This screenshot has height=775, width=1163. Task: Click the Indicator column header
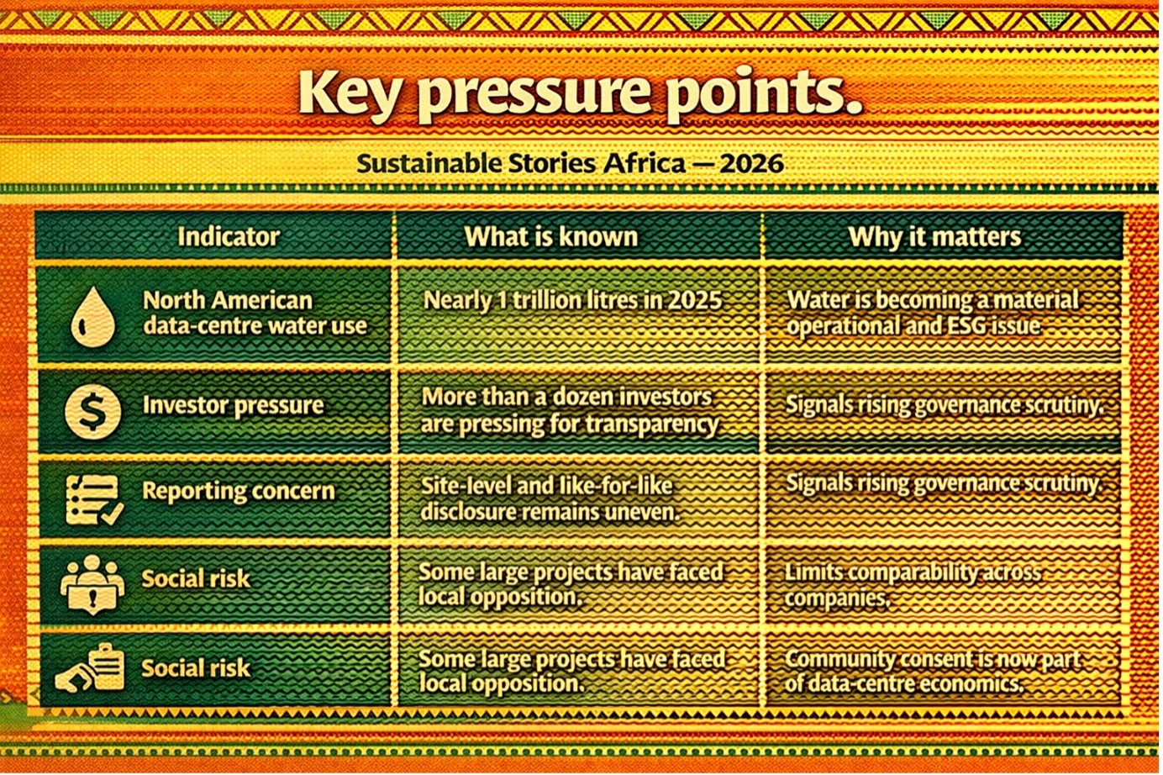coord(229,237)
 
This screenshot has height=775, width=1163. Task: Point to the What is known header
coord(551,237)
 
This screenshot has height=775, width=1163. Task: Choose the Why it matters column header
coord(934,237)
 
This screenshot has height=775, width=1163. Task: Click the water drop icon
coord(93,316)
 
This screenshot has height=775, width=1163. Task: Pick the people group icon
coord(92,585)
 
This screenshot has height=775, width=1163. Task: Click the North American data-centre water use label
coord(255,314)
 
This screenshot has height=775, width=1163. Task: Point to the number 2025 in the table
coord(693,300)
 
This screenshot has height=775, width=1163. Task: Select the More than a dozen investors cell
coord(570,411)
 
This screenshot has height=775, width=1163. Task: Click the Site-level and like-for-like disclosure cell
coord(550,499)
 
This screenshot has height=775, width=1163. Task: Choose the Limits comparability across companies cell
coord(913,585)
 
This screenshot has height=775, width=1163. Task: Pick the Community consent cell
coord(932,671)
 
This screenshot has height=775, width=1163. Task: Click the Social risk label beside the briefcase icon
coord(196,668)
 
